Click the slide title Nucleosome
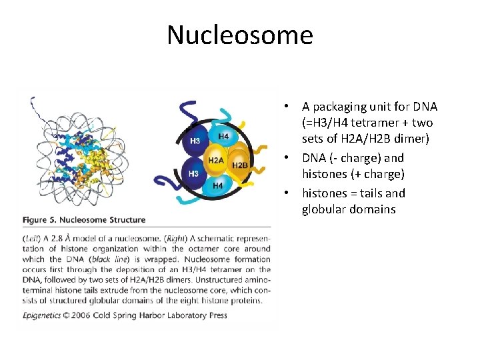(x=240, y=35)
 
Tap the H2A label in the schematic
(x=215, y=161)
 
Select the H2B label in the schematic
(x=240, y=164)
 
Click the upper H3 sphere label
(x=195, y=141)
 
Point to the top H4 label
(x=224, y=137)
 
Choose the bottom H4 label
(x=218, y=186)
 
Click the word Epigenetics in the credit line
(x=43, y=315)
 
